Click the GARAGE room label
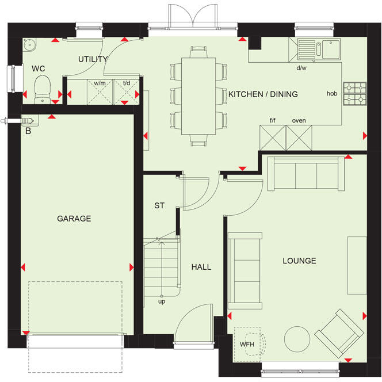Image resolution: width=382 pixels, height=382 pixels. coord(74,219)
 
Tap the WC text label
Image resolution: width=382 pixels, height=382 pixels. coord(38,68)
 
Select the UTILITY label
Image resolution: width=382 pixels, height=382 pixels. coord(93,59)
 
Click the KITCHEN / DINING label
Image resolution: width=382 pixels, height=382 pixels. coord(263,94)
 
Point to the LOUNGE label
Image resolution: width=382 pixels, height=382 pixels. coord(299,261)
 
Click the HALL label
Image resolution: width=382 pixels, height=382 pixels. coord(201,267)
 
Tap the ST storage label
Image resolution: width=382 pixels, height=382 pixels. coord(159,205)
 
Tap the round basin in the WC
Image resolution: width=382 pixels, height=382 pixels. coord(29,45)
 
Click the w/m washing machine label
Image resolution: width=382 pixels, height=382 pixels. coord(100,83)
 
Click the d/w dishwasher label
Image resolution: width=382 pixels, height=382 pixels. coord(301,68)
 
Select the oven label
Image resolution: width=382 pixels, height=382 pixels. coord(299,120)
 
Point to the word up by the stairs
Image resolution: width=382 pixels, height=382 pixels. coord(163,301)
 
